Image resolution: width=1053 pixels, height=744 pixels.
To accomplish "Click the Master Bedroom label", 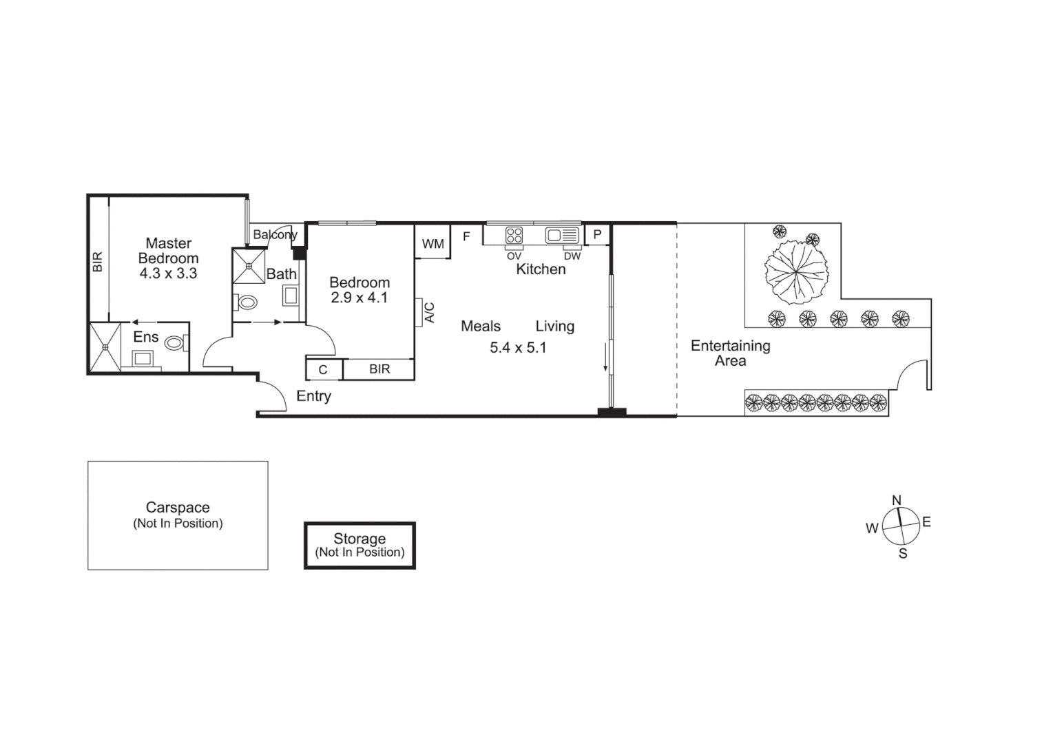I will (x=168, y=251).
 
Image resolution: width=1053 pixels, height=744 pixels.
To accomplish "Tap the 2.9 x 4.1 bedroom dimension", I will (x=359, y=298).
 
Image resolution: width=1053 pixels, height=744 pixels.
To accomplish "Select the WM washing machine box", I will (x=432, y=244).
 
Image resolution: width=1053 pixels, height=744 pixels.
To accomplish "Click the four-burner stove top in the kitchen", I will (x=514, y=235).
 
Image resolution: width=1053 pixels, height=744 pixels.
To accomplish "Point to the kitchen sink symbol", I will (x=563, y=235).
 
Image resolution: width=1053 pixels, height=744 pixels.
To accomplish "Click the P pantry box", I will (x=597, y=234).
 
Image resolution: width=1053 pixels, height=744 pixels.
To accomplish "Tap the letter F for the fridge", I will (x=466, y=236).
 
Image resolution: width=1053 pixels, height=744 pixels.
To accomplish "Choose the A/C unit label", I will (x=429, y=312).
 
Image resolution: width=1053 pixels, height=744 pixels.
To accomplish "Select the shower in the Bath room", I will (x=249, y=266).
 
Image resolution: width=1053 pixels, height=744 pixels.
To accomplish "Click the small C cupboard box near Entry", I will (x=323, y=370).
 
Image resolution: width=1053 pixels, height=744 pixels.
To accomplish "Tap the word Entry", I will (x=313, y=396).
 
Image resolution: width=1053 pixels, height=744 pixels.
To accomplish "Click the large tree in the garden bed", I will (x=795, y=273).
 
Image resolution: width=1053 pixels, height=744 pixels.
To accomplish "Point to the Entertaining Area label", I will (x=730, y=353).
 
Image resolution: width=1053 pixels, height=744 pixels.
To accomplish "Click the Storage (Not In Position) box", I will (x=359, y=545).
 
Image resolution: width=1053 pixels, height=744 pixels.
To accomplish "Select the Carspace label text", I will (x=178, y=508).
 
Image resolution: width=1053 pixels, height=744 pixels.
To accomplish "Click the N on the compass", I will (x=896, y=500).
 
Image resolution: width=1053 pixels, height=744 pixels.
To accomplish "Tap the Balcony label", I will (x=274, y=235).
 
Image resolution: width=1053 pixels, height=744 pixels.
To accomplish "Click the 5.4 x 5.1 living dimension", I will (x=518, y=348).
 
